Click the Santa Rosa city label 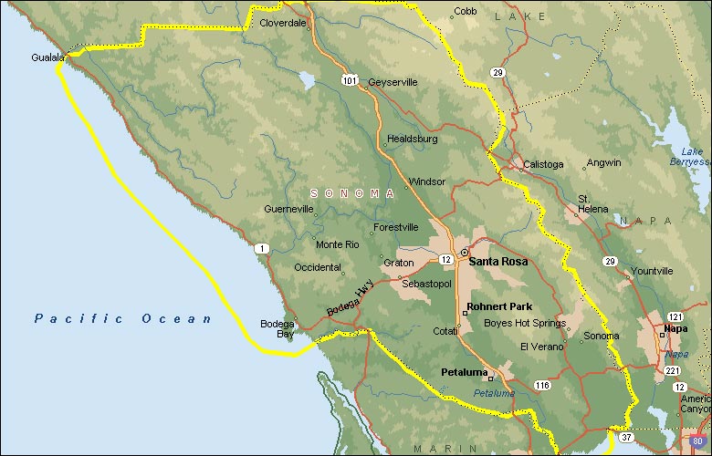tap(497, 261)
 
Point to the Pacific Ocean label tap(123, 318)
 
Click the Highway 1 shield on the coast tap(263, 249)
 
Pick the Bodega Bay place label tap(277, 328)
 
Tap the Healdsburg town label tap(413, 140)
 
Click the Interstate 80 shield tap(698, 442)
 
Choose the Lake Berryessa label tap(692, 156)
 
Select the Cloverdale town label tap(283, 24)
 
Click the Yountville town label tap(652, 271)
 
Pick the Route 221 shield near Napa tap(672, 370)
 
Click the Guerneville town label tap(288, 209)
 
